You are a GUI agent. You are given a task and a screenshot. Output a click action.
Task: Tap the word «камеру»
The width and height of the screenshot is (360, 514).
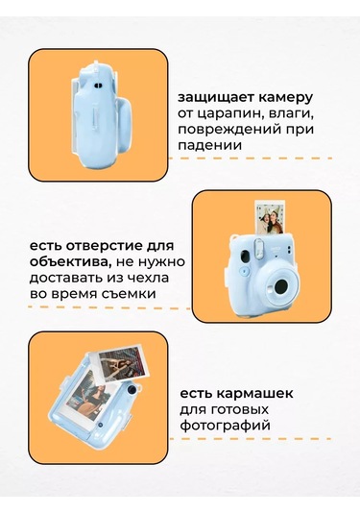click(x=284, y=97)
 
